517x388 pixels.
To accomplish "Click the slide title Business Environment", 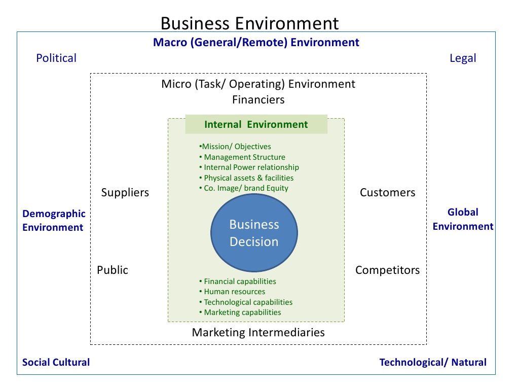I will [249, 23].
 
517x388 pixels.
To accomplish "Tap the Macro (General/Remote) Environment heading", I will [256, 43].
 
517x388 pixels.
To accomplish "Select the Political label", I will [56, 58].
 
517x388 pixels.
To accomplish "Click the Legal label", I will [463, 58].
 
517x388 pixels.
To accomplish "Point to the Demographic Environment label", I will [54, 221].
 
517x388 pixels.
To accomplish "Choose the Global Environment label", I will [463, 219].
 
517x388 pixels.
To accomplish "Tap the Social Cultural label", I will [56, 362].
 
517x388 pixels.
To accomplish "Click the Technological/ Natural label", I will [433, 362].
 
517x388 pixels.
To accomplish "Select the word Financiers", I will [258, 100].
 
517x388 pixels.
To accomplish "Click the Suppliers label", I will [125, 193].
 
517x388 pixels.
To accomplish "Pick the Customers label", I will [387, 193].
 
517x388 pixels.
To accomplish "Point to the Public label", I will [113, 270].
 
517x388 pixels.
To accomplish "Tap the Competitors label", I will [387, 270].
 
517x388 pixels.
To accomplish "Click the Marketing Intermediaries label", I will [258, 333].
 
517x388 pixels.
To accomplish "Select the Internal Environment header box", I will [256, 125].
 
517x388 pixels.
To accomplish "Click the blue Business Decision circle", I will [254, 233].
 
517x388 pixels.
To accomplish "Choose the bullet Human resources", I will [234, 292].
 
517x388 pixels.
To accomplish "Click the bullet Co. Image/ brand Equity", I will [246, 188].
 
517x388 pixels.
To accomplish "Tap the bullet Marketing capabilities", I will [242, 312].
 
